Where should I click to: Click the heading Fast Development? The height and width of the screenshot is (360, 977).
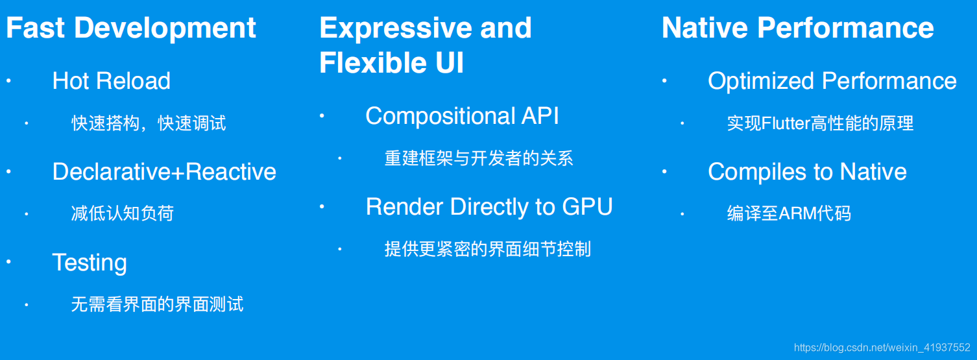click(x=131, y=28)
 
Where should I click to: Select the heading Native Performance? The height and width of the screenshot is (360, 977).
click(x=797, y=28)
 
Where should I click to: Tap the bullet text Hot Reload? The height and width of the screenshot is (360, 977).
click(x=111, y=81)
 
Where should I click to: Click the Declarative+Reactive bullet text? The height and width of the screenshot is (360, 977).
click(x=164, y=172)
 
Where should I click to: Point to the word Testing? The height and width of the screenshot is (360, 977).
click(x=90, y=263)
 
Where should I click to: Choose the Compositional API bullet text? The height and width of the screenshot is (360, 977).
click(x=462, y=116)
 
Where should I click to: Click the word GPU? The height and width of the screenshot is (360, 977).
click(x=587, y=207)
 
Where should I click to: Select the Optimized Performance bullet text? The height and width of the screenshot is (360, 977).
click(x=832, y=81)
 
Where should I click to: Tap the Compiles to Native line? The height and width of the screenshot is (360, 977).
click(x=807, y=172)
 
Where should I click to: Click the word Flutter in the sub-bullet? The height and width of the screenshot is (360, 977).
click(x=785, y=123)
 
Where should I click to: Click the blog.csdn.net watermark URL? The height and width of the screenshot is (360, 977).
click(x=882, y=348)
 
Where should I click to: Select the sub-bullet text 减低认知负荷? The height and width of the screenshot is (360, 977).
click(x=123, y=213)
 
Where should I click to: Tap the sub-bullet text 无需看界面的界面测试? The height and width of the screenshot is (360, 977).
click(x=157, y=304)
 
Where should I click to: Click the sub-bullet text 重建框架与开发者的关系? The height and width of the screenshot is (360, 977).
click(x=479, y=158)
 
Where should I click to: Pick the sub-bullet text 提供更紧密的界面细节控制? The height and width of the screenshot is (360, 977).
click(x=487, y=249)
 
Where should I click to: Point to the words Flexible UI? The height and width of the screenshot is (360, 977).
click(x=391, y=63)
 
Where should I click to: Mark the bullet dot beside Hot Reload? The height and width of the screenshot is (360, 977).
click(x=9, y=81)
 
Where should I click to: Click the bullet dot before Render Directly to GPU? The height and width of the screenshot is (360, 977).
click(x=322, y=207)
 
